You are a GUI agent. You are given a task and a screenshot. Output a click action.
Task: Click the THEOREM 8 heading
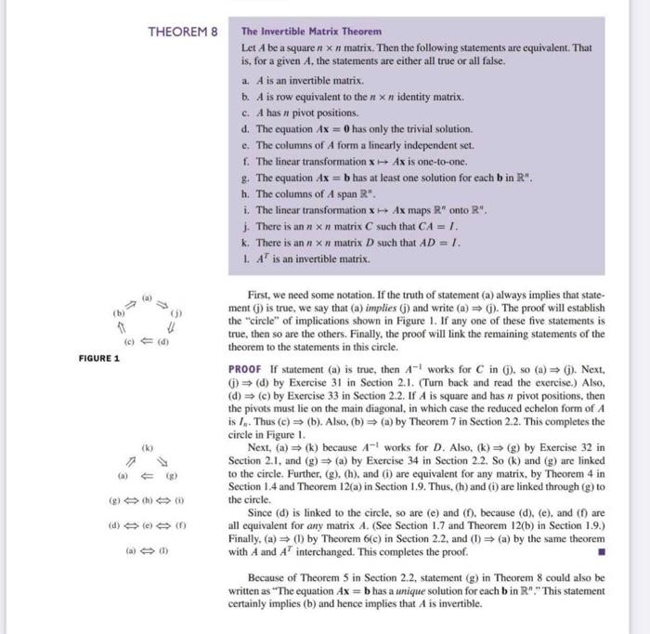[x=182, y=32]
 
